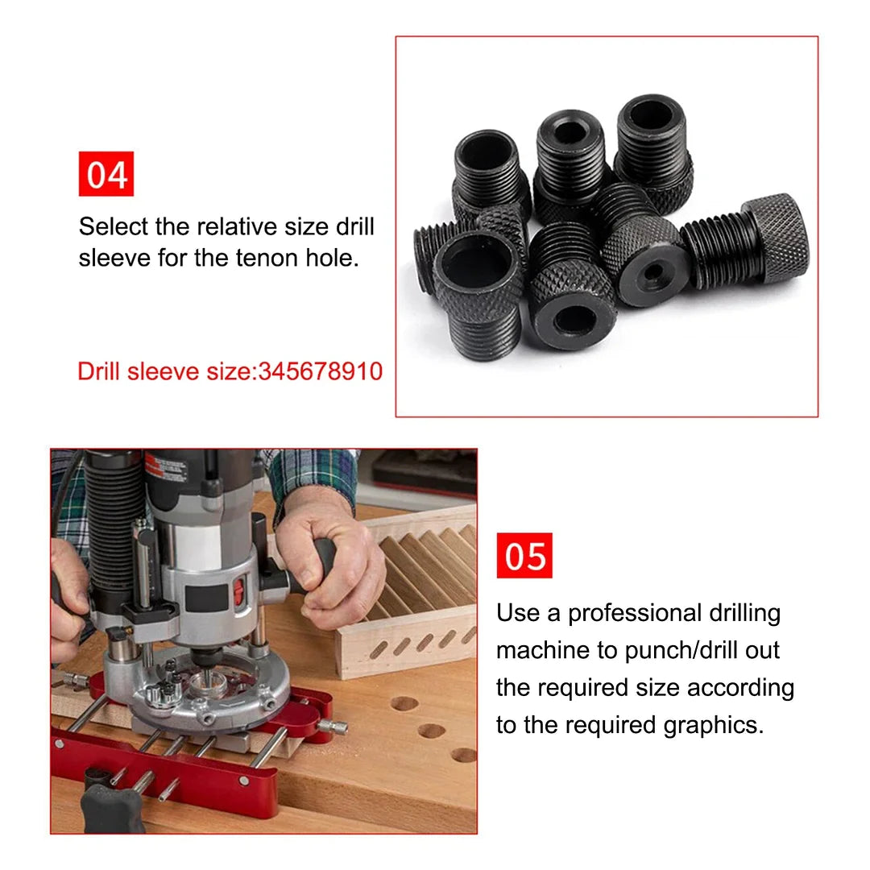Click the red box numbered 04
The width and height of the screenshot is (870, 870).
[106, 174]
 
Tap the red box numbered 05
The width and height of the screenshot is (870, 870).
[524, 556]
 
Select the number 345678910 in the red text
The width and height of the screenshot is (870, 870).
[321, 371]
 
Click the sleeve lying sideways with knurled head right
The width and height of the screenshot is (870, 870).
[745, 239]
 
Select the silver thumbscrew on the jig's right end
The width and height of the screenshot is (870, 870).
[333, 727]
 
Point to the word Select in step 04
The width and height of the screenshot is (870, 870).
[114, 226]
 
